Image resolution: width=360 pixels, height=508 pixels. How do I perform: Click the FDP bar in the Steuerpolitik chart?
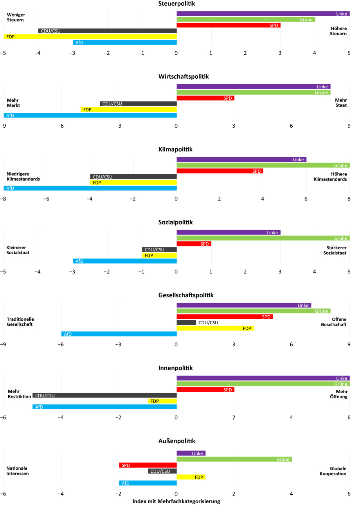click(x=90, y=36)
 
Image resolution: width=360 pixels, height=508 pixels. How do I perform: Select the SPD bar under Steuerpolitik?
click(x=229, y=25)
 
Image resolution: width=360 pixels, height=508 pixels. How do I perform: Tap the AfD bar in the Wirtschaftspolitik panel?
click(x=90, y=115)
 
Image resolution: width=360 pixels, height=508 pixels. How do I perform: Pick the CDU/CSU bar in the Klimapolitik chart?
click(x=133, y=177)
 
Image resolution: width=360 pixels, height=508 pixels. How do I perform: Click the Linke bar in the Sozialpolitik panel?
click(x=229, y=232)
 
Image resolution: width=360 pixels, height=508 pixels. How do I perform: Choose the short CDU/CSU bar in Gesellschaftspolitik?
click(x=186, y=322)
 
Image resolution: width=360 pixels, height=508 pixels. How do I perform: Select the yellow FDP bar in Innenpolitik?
click(x=162, y=401)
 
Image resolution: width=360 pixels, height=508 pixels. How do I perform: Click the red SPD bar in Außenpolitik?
click(x=148, y=465)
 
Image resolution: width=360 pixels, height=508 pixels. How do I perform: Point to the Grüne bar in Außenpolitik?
click(x=234, y=459)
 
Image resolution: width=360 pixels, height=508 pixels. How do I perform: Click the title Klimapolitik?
click(x=176, y=149)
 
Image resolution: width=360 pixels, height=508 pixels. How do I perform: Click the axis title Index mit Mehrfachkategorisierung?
click(x=176, y=501)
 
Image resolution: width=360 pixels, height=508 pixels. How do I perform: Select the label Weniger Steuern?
click(x=16, y=17)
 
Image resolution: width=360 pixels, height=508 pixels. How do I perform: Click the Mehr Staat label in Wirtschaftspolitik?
click(x=340, y=103)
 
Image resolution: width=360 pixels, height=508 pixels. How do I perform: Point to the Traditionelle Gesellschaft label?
click(x=20, y=322)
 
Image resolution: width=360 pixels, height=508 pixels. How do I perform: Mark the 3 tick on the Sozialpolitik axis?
click(x=280, y=272)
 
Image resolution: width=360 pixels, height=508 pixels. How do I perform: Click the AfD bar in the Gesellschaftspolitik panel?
click(x=119, y=334)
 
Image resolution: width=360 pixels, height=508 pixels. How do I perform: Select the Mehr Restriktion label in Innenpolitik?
click(x=19, y=394)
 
